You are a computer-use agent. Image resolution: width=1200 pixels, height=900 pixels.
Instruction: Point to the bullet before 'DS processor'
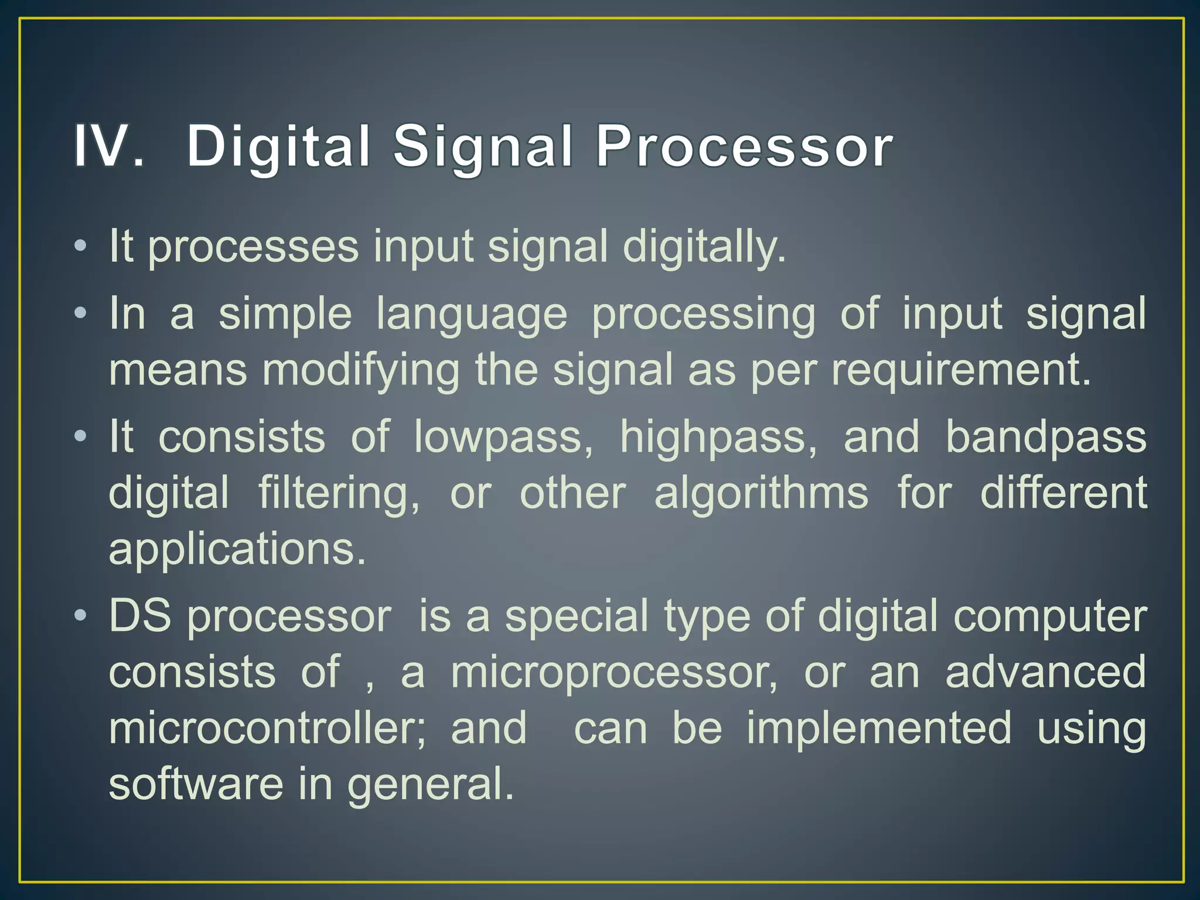click(81, 616)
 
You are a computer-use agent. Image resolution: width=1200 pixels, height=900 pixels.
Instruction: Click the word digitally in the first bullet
click(703, 247)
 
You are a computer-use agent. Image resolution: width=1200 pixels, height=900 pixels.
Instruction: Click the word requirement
click(961, 371)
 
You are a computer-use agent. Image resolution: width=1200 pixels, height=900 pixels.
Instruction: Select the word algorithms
click(761, 494)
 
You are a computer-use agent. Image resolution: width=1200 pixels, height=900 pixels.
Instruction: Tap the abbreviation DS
click(140, 616)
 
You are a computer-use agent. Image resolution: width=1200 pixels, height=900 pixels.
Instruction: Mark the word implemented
click(879, 728)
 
